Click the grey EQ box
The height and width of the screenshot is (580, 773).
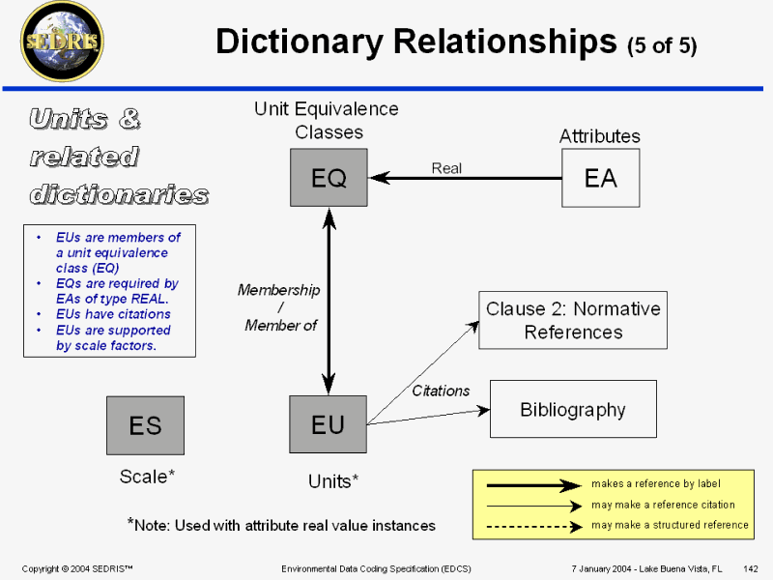coord(329,177)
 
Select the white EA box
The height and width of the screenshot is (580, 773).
coord(600,177)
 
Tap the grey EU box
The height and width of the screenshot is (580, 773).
coord(329,423)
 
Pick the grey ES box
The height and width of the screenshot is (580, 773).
coord(145,425)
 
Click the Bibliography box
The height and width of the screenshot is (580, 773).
coord(573,409)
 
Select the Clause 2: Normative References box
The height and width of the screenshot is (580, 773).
coord(573,320)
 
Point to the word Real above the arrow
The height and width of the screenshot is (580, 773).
coord(446,168)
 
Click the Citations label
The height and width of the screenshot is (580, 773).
coord(441,391)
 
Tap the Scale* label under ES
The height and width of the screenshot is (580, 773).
coord(147,476)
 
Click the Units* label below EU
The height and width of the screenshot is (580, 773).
coord(333,480)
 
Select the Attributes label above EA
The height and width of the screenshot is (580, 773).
coord(600,136)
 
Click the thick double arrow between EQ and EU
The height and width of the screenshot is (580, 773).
coord(329,300)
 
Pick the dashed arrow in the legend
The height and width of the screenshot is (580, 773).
coord(534,525)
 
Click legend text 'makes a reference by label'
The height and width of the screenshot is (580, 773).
coord(655,483)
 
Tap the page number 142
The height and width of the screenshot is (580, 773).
coord(750,567)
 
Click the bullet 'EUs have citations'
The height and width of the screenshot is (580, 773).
coord(113,314)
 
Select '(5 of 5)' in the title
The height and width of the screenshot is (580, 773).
coord(662,44)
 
